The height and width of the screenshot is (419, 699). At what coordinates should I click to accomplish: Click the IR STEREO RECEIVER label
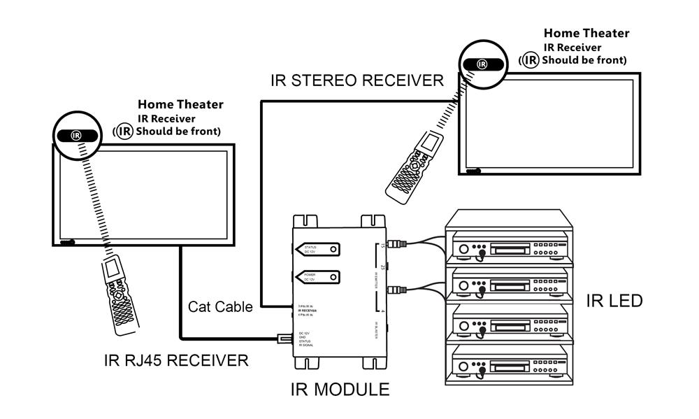[356, 80]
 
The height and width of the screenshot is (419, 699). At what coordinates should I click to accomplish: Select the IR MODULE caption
[340, 388]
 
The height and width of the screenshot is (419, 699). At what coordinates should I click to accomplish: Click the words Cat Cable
[220, 306]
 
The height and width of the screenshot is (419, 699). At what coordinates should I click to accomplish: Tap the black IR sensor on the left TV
[75, 134]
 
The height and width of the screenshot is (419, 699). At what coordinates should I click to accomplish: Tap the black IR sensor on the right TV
[482, 64]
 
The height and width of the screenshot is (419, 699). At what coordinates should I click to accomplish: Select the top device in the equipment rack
[509, 247]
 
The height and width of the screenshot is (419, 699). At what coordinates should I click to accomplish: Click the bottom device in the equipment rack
[509, 364]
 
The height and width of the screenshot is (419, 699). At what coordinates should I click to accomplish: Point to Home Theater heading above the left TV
[180, 105]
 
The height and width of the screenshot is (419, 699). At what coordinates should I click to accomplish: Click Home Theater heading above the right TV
[586, 33]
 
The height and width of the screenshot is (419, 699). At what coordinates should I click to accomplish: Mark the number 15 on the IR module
[382, 246]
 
